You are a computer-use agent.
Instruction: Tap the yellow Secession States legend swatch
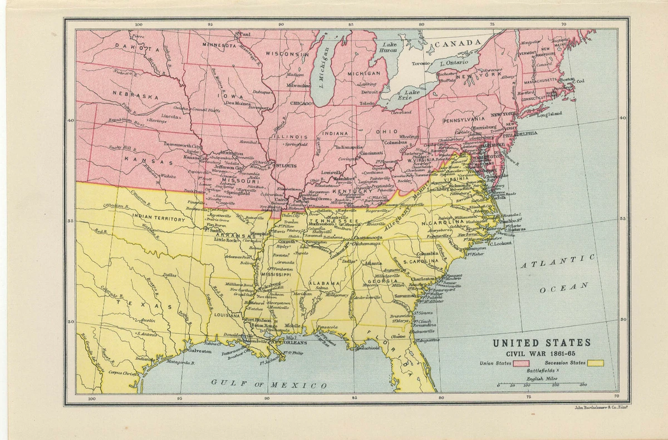point(596,363)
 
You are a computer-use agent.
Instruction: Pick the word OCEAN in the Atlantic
point(563,288)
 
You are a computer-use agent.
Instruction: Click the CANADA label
point(458,43)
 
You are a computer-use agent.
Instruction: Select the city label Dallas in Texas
point(170,275)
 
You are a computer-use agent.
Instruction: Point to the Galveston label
point(199,351)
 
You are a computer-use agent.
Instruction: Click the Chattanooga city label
point(367,237)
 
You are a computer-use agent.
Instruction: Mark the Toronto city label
point(421,63)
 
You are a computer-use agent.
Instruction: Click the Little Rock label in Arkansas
point(225,240)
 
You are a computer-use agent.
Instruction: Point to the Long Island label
point(549,115)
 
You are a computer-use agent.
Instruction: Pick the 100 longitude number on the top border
point(139,24)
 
